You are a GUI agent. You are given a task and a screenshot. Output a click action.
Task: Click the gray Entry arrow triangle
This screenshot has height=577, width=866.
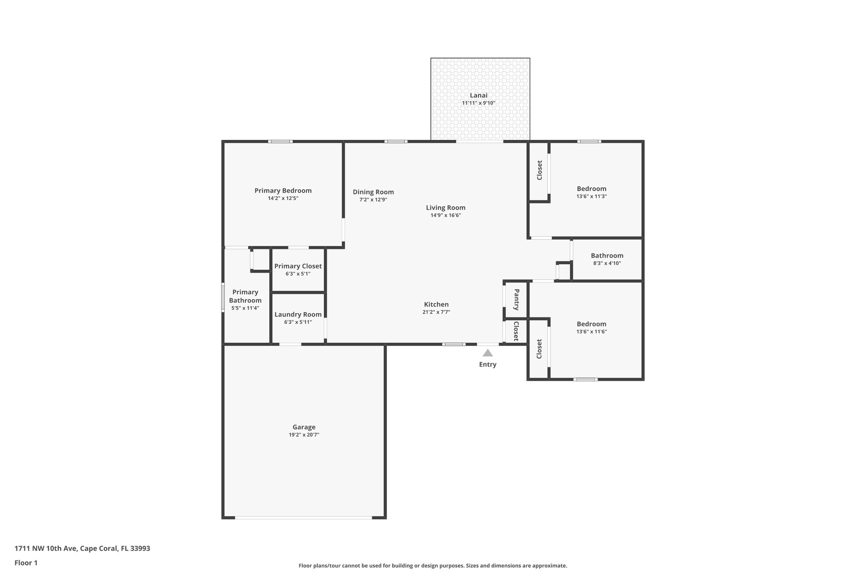(x=488, y=353)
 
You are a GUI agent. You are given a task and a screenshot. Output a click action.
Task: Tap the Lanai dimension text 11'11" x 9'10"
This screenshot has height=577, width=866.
(x=478, y=103)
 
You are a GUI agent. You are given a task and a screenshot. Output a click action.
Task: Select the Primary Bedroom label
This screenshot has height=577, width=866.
(x=283, y=191)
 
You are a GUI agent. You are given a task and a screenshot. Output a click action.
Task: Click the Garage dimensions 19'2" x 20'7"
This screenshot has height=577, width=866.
(x=304, y=435)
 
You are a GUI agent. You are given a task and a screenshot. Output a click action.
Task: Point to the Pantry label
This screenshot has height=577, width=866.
(x=516, y=299)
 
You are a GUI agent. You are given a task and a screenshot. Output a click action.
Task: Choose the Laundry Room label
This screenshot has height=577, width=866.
(x=298, y=314)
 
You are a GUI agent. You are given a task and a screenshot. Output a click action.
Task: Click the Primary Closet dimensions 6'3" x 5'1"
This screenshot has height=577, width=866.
(x=298, y=273)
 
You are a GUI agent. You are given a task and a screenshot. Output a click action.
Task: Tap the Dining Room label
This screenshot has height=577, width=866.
(x=373, y=192)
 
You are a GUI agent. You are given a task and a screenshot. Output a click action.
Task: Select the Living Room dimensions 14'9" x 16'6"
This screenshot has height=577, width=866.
(x=445, y=215)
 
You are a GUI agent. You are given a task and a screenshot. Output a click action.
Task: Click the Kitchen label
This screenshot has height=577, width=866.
(x=436, y=304)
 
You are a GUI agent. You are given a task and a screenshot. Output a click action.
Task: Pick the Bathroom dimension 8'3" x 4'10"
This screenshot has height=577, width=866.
(x=607, y=263)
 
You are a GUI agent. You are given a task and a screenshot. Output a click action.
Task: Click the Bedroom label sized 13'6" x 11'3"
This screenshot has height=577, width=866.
(x=591, y=189)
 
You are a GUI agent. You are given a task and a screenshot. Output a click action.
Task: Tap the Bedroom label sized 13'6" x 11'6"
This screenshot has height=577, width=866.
(x=591, y=324)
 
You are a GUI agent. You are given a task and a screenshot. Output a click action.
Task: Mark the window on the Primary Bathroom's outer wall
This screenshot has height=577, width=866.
(x=223, y=298)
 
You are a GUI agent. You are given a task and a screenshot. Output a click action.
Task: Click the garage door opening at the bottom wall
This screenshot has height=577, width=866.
(x=303, y=517)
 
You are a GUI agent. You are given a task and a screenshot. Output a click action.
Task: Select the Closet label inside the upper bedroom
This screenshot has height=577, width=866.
(x=540, y=170)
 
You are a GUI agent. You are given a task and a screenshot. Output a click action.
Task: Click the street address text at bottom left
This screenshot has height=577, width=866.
(x=82, y=548)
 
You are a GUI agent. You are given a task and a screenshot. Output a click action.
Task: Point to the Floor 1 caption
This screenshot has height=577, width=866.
(x=26, y=563)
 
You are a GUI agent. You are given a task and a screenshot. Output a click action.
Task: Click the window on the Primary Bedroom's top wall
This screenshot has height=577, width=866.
(x=280, y=141)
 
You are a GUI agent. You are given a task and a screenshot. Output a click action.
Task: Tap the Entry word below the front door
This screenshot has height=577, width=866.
(x=488, y=364)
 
